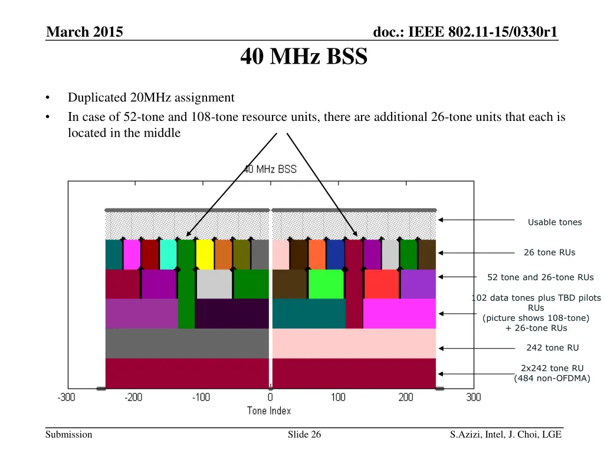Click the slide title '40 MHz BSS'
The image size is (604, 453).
pyautogui.click(x=304, y=57)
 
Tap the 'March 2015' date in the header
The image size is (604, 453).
pyautogui.click(x=84, y=32)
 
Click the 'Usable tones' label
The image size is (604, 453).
pyautogui.click(x=554, y=222)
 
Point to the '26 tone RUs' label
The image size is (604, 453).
pyautogui.click(x=549, y=252)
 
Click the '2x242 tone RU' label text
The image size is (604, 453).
pyautogui.click(x=552, y=368)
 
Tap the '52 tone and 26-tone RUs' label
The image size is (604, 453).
pyautogui.click(x=540, y=277)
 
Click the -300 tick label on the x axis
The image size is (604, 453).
pyautogui.click(x=66, y=397)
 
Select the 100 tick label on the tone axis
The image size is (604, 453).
pyautogui.click(x=338, y=397)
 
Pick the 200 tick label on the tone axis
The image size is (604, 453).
pyautogui.click(x=406, y=397)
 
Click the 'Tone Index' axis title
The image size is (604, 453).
pyautogui.click(x=269, y=411)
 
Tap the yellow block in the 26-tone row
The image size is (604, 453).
pyautogui.click(x=205, y=254)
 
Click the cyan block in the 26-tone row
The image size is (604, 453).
pyautogui.click(x=168, y=254)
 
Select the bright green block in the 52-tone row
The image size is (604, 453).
pyautogui.click(x=326, y=284)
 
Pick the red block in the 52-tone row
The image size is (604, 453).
pyautogui.click(x=382, y=284)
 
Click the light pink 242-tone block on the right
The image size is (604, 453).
pyautogui.click(x=354, y=343)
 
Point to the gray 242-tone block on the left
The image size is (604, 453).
pyautogui.click(x=187, y=343)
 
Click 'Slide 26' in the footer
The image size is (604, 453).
pyautogui.click(x=304, y=435)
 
